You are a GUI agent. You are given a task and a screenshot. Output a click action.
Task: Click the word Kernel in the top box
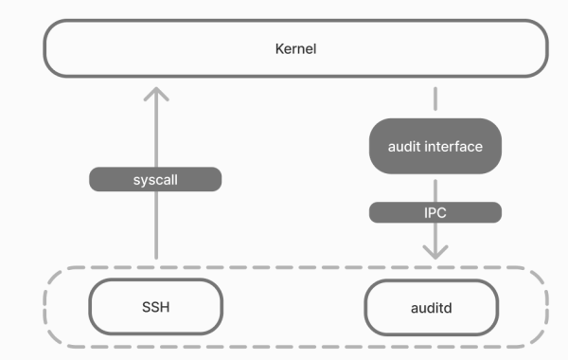(294, 48)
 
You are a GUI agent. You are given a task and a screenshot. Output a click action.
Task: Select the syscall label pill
(155, 178)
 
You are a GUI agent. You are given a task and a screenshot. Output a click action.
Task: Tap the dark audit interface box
(435, 146)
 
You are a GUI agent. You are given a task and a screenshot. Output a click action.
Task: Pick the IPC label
(435, 213)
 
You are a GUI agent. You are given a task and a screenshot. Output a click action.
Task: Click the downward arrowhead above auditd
(435, 251)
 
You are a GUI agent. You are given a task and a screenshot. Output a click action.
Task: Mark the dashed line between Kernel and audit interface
(435, 99)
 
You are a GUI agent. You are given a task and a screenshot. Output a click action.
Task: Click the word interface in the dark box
(454, 146)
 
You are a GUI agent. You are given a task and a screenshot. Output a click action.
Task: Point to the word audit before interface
(405, 146)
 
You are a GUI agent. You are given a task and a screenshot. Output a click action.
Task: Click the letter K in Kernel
(276, 48)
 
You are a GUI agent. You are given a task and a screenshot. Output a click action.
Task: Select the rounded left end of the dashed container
(47, 307)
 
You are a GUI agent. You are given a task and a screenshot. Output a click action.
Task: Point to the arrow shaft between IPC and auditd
(435, 235)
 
